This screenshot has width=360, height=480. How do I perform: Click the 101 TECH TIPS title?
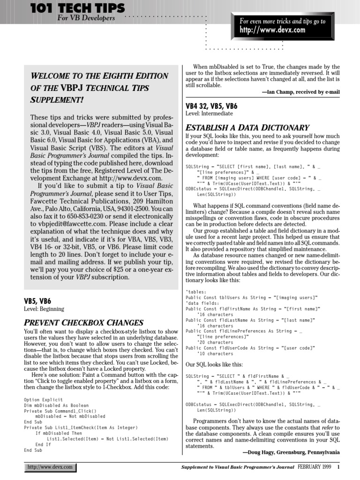(x=78, y=8)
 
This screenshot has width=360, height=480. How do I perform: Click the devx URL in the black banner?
(x=272, y=30)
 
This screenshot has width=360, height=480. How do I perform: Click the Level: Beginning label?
(x=44, y=309)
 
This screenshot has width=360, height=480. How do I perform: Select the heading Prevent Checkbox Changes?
(x=83, y=322)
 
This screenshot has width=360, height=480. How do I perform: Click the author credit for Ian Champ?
(x=300, y=92)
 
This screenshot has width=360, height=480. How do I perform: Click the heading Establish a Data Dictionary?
(x=247, y=127)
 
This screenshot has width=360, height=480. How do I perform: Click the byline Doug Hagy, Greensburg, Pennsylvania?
(x=291, y=452)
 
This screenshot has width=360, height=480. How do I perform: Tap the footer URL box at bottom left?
(x=50, y=467)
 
